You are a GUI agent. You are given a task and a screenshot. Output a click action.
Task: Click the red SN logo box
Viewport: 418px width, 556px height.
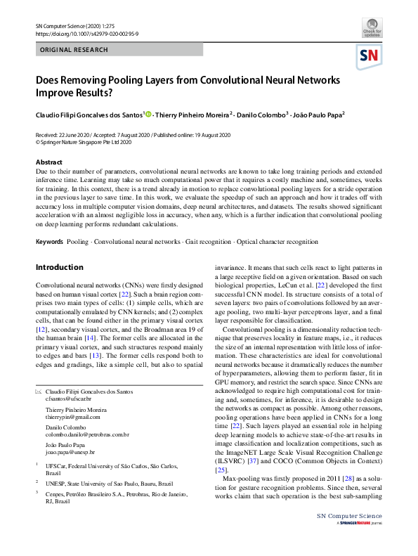click(370, 56)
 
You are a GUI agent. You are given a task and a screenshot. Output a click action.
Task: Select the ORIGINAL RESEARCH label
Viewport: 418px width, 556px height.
click(74, 50)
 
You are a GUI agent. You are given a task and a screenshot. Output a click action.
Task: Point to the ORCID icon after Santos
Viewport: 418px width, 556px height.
click(150, 113)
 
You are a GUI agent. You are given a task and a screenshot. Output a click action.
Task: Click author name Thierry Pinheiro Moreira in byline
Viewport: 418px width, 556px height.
click(191, 115)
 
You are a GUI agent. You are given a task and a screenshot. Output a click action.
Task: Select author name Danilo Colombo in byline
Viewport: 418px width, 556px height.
click(261, 115)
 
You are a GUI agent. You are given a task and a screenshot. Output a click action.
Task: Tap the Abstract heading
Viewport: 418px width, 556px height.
click(49, 162)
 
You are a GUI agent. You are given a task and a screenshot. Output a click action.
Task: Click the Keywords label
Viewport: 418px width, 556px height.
click(48, 242)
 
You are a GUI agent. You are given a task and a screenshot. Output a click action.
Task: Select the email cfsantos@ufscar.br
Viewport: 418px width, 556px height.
click(69, 399)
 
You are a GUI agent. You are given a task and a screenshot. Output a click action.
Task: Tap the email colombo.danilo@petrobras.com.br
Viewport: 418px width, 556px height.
click(86, 434)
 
